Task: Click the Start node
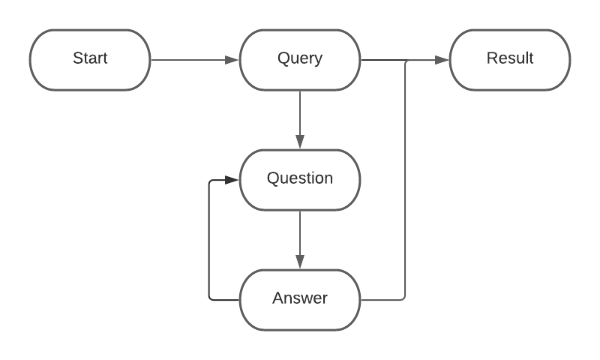[90, 60]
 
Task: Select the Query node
[300, 60]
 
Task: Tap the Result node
[510, 60]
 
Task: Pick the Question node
[300, 180]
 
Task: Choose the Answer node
[300, 300]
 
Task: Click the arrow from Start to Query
[191, 60]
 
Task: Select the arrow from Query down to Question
[300, 116]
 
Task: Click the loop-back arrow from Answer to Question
[209, 240]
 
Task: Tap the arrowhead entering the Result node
[442, 60]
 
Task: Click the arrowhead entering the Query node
[232, 60]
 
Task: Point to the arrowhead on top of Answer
[300, 262]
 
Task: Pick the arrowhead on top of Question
[300, 142]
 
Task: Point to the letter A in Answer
[277, 298]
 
